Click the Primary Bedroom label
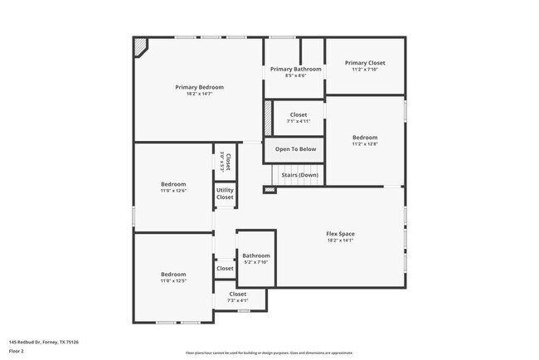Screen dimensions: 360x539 click(x=199, y=87)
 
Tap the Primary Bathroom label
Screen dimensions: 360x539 click(x=295, y=69)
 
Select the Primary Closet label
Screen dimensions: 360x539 click(x=365, y=63)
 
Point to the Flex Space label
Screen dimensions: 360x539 click(x=340, y=234)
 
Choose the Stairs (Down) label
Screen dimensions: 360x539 click(x=299, y=175)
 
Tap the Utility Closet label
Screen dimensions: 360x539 click(x=225, y=193)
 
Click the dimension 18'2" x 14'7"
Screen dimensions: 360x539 click(x=199, y=94)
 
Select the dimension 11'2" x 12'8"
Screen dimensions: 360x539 click(x=365, y=144)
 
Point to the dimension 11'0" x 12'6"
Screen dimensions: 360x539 click(x=173, y=191)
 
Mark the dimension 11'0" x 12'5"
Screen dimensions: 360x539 click(x=173, y=281)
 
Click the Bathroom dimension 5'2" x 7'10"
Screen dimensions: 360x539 click(x=256, y=262)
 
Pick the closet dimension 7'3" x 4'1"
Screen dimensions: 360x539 click(x=238, y=300)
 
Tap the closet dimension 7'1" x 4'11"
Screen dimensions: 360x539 click(x=298, y=122)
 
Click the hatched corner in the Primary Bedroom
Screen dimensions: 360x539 click(x=141, y=46)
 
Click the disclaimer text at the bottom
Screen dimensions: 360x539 click(x=269, y=353)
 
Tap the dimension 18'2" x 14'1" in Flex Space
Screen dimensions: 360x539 click(x=340, y=241)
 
